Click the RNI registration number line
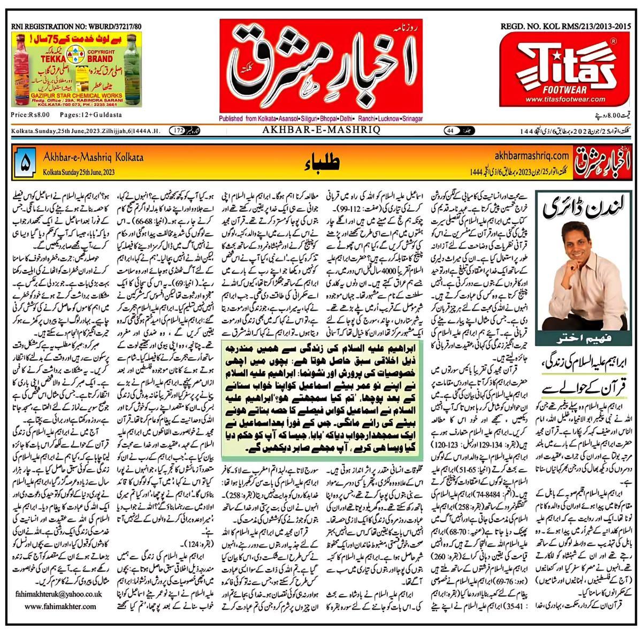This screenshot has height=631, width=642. click(x=65, y=25)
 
